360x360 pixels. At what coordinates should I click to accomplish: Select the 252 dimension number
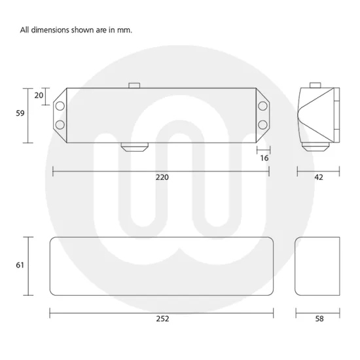point(162,319)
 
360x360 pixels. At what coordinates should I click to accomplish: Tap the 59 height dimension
point(20,113)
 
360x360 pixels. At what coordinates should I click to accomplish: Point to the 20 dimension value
point(39,96)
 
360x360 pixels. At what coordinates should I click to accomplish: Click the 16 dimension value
point(264,158)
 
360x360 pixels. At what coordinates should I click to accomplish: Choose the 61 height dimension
point(20,265)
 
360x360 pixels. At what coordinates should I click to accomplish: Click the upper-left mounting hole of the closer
point(60,105)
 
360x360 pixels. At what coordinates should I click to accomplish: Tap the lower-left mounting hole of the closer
point(60,124)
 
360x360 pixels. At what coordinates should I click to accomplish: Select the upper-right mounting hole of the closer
point(264,105)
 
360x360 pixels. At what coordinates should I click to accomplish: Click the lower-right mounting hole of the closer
point(264,124)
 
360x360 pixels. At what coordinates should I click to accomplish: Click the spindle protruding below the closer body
point(134,147)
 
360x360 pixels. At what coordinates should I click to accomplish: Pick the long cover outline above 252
point(161,265)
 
